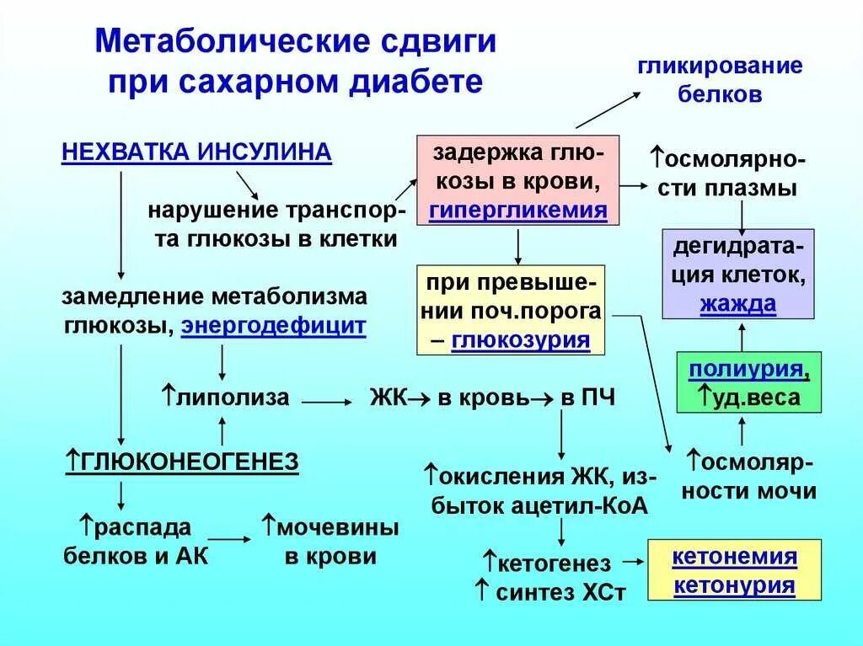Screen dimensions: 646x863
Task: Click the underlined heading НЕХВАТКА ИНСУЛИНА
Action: point(196,152)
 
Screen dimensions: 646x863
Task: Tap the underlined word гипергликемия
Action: point(518,211)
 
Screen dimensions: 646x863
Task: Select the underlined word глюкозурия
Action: point(520,340)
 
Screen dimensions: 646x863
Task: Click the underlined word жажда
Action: point(737,304)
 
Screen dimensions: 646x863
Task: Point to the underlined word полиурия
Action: point(744,369)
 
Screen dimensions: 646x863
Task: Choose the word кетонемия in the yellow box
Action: point(734,557)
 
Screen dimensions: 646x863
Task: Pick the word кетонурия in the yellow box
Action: point(734,585)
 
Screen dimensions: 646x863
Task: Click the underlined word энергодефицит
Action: point(274,326)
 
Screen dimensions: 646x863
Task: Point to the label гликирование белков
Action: point(720,80)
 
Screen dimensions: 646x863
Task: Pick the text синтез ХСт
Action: point(560,592)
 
